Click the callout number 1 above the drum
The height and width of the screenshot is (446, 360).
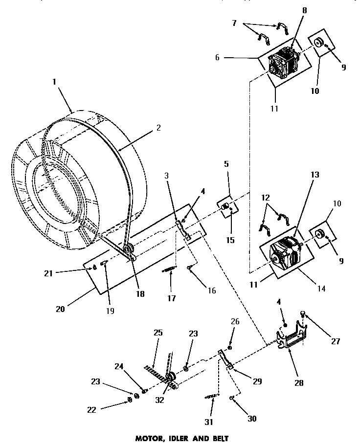click(54, 83)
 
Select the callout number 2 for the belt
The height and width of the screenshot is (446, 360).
click(158, 128)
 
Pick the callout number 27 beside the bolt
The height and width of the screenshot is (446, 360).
click(336, 341)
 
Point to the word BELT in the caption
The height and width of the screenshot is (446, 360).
click(217, 439)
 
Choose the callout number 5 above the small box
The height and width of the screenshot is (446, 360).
click(226, 164)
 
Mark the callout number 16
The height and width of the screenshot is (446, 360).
click(211, 290)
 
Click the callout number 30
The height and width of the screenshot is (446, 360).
click(252, 418)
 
